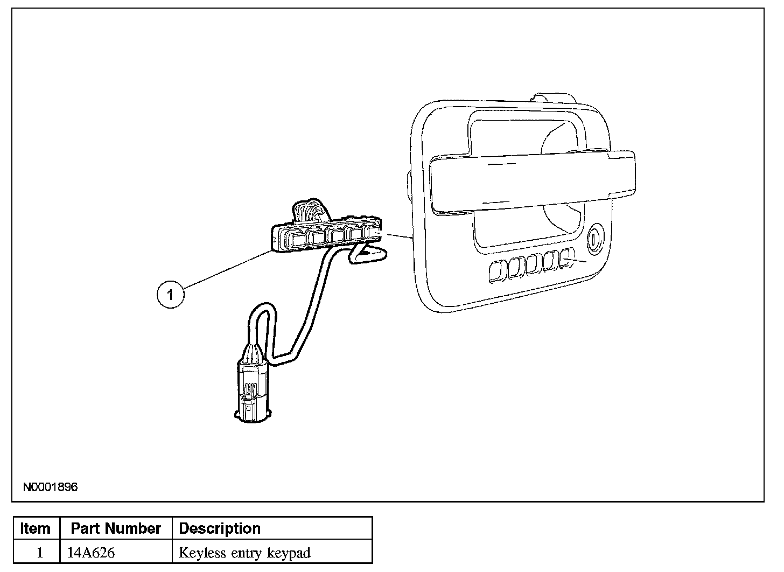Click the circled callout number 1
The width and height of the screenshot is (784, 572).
pyautogui.click(x=171, y=295)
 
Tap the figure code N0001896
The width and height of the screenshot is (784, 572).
pyautogui.click(x=51, y=487)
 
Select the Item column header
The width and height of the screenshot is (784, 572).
pyautogui.click(x=36, y=528)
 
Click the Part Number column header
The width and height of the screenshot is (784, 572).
pyautogui.click(x=116, y=528)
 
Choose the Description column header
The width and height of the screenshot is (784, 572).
pyautogui.click(x=220, y=528)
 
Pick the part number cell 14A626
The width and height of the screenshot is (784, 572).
pyautogui.click(x=91, y=553)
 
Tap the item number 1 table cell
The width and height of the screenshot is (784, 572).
pyautogui.click(x=40, y=553)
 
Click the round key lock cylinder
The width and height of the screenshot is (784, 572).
pyautogui.click(x=594, y=240)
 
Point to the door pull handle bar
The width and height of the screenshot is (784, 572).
pyautogui.click(x=533, y=182)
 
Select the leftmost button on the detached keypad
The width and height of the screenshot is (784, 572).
pyautogui.click(x=297, y=240)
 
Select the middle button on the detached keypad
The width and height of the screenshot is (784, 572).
pyautogui.click(x=337, y=235)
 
